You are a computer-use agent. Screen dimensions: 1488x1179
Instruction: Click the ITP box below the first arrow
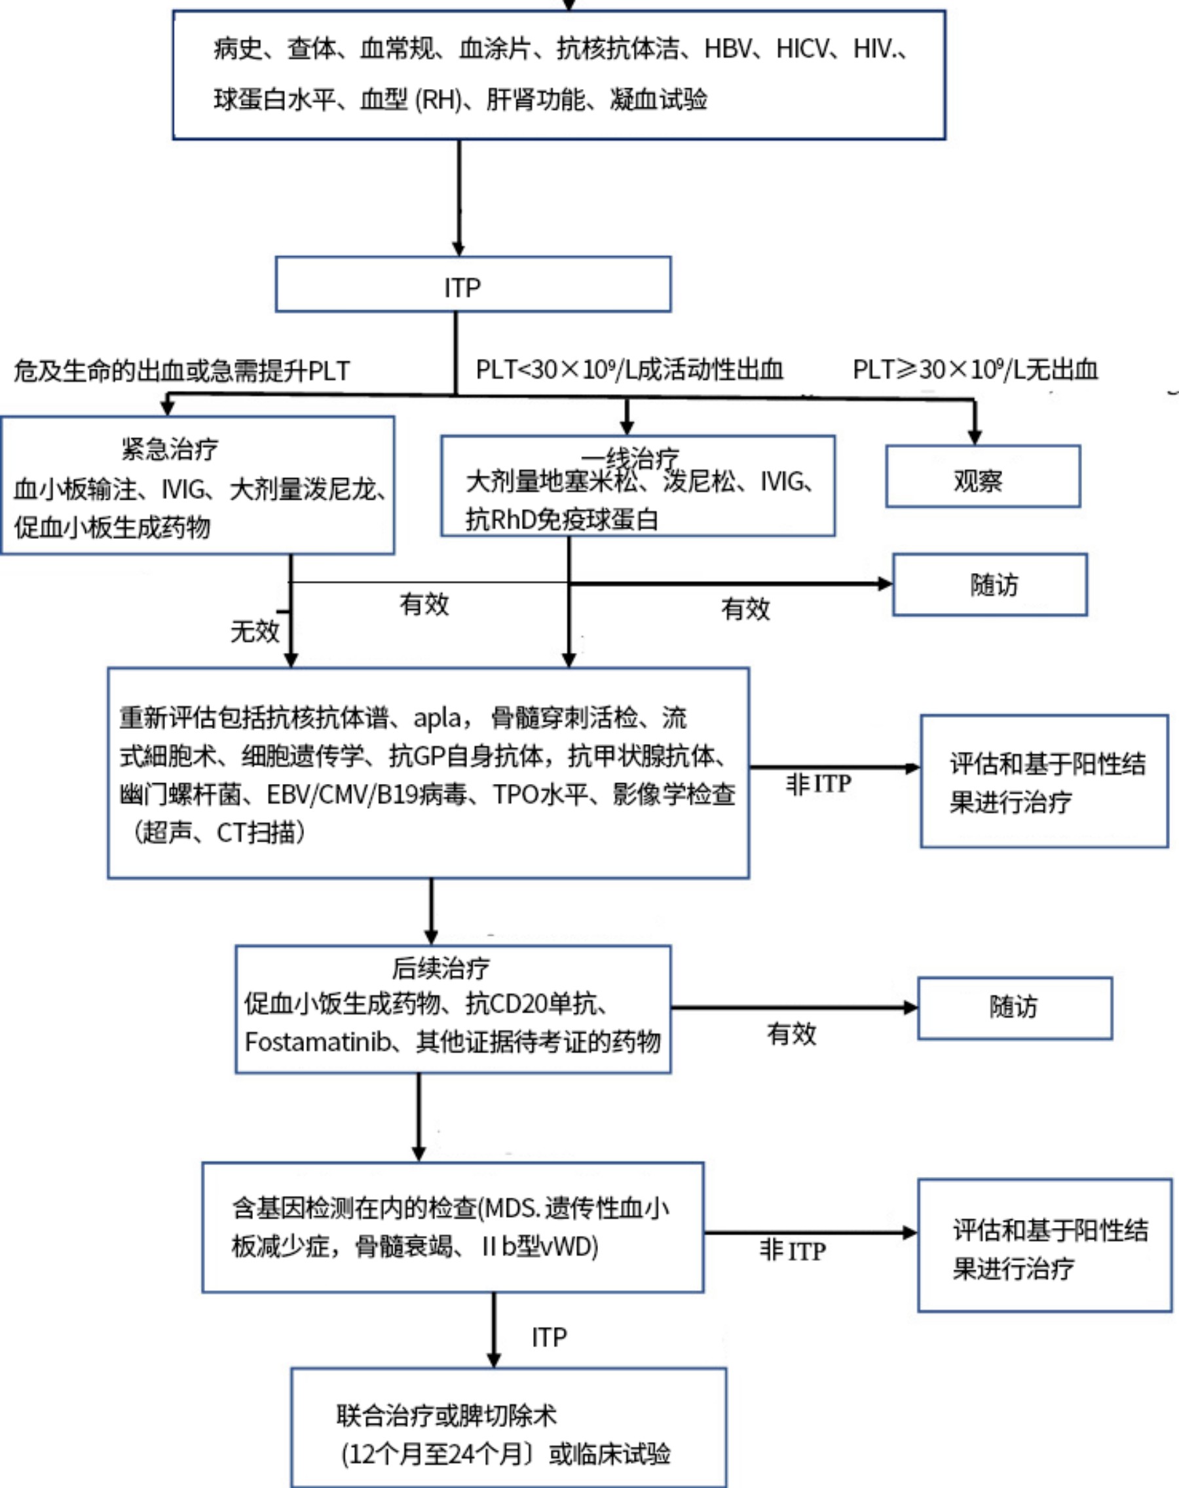coord(473,285)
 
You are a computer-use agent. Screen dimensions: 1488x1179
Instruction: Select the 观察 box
coord(982,477)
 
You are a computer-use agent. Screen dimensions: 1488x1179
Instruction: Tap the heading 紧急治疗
coord(170,449)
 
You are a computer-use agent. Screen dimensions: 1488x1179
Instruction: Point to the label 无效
coord(254,630)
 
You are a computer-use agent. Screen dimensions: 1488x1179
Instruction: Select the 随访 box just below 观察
coord(989,584)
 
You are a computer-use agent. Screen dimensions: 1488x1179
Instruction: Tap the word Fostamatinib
coord(318,1042)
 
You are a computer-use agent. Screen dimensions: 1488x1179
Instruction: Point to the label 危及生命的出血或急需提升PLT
coord(181,371)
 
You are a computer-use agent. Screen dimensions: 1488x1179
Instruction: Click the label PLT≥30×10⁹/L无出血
coord(974,369)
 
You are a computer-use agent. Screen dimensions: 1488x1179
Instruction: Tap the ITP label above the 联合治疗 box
coord(549,1337)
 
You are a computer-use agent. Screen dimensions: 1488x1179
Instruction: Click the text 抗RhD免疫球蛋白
coord(561,519)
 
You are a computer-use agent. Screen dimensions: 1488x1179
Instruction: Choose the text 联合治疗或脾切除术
coord(446,1415)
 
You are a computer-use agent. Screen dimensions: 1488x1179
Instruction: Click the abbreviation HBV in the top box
coord(727,49)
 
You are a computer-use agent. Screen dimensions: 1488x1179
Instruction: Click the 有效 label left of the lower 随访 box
coord(791,1034)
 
